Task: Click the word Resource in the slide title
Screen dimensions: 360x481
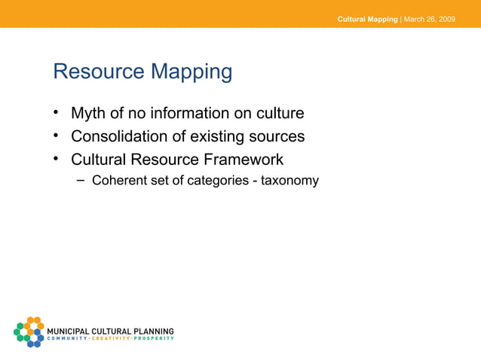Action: (97, 72)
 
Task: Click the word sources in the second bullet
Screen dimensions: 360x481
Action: (277, 136)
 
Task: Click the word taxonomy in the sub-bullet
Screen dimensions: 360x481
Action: (290, 181)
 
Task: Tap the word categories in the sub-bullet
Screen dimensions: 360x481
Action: (215, 181)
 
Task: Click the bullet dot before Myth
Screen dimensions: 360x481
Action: (56, 114)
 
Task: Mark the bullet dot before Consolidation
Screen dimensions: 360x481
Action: (56, 136)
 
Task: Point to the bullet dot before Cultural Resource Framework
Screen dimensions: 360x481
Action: (56, 160)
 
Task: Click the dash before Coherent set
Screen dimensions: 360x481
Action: (81, 181)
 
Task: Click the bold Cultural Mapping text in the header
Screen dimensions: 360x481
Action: (367, 19)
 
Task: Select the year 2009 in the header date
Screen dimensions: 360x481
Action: (446, 19)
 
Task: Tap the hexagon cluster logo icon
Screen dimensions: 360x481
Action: (29, 331)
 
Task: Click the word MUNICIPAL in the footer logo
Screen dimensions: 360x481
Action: (68, 331)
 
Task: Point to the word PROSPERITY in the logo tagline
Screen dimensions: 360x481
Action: (155, 338)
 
